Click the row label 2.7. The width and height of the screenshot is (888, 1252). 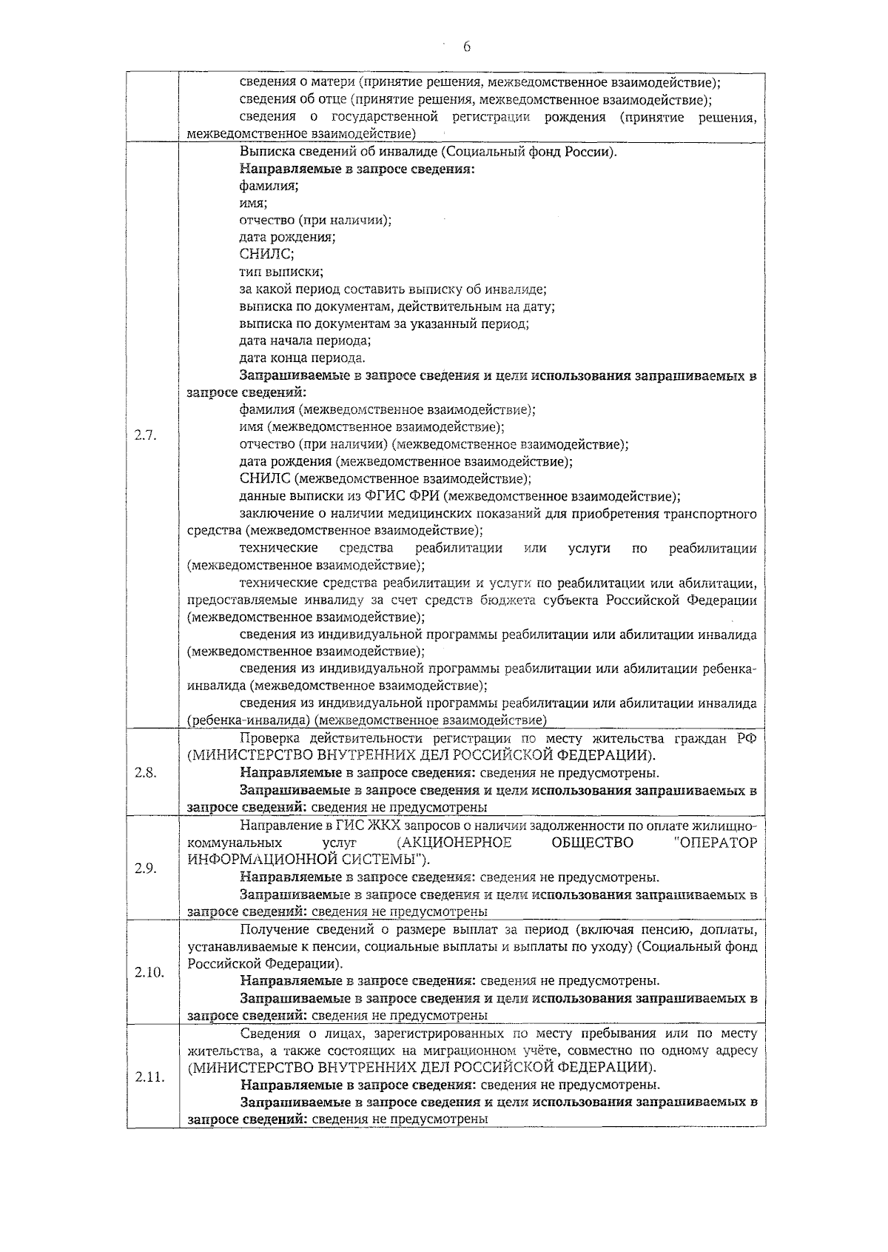coord(146,435)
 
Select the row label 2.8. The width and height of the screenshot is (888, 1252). coord(146,772)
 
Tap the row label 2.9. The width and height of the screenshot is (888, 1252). coord(146,868)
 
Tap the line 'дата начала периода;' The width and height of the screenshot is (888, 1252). coord(305,341)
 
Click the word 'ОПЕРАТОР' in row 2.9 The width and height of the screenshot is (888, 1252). coord(716,843)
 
